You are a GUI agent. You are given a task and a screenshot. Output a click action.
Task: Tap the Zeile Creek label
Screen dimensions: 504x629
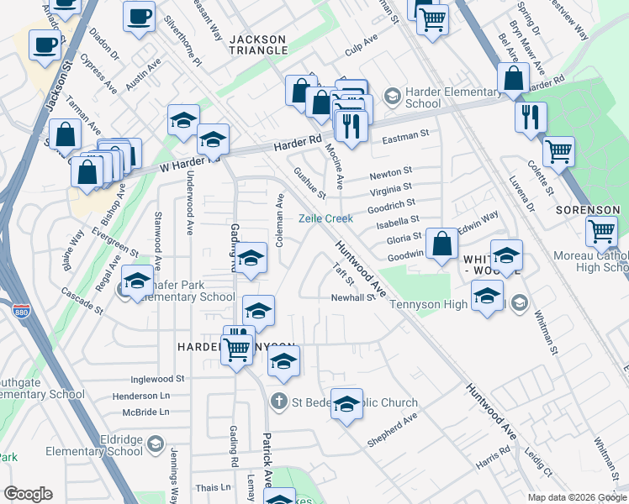tap(326, 218)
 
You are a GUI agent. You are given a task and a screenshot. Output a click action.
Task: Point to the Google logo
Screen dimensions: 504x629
tap(28, 494)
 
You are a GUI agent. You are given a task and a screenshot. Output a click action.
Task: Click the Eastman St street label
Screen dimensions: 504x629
tap(404, 134)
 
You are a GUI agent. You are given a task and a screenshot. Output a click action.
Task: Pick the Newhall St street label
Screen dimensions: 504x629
tap(351, 297)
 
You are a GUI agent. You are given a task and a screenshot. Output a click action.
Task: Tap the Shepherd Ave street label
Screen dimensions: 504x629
tap(392, 430)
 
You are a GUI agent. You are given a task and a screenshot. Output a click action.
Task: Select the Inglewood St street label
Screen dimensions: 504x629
tap(157, 379)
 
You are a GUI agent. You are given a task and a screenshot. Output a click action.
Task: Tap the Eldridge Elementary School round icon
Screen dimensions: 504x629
tap(155, 444)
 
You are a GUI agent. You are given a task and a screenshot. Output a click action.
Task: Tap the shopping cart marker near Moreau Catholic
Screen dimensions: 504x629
tap(601, 230)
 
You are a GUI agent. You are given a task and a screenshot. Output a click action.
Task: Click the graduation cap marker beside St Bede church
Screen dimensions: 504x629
tap(346, 405)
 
